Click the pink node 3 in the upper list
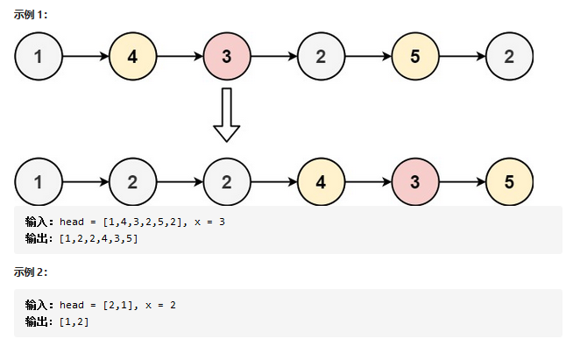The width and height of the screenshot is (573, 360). [x=227, y=56]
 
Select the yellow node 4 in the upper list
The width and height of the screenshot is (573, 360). [x=132, y=56]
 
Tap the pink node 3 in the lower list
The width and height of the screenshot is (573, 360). [x=415, y=181]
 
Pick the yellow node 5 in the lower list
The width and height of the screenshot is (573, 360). [x=509, y=181]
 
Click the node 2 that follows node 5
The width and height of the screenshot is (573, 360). [x=509, y=56]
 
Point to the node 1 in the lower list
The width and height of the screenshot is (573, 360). [x=39, y=181]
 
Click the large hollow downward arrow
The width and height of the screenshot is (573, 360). [x=227, y=115]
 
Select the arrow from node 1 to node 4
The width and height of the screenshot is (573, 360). [x=86, y=56]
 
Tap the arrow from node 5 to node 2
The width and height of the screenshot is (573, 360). [x=463, y=56]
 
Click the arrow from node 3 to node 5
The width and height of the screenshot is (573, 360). [x=463, y=181]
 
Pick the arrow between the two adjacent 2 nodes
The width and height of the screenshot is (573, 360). [x=180, y=181]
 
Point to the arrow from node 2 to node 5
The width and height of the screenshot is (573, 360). [x=368, y=56]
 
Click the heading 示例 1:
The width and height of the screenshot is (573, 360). [x=31, y=15]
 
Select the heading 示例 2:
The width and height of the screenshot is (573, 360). [x=31, y=272]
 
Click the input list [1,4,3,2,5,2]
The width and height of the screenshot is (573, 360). [x=145, y=222]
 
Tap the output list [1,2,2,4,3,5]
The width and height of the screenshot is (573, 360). [x=99, y=238]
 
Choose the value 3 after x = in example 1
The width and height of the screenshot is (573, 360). [x=222, y=222]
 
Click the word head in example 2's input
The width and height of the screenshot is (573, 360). [x=72, y=305]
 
